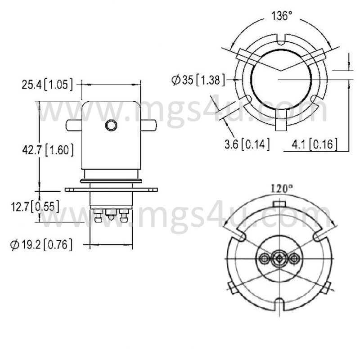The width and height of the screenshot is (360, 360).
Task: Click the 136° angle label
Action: (x=282, y=16)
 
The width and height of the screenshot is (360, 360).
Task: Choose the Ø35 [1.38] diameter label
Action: (x=198, y=80)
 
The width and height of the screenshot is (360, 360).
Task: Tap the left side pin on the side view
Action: (x=73, y=126)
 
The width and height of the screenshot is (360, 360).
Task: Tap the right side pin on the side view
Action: (x=148, y=126)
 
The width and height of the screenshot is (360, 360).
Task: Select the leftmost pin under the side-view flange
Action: (x=98, y=216)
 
